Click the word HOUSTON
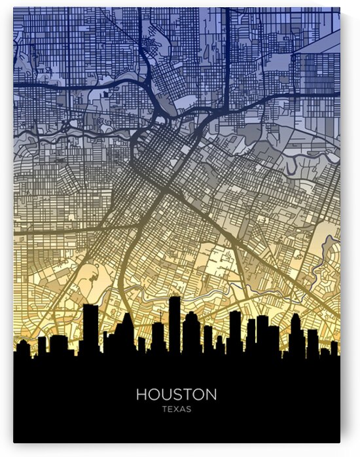(176, 395)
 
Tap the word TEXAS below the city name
(176, 410)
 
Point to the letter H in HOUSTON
(141, 395)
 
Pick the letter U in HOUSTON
(166, 395)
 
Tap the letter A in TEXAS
(183, 410)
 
